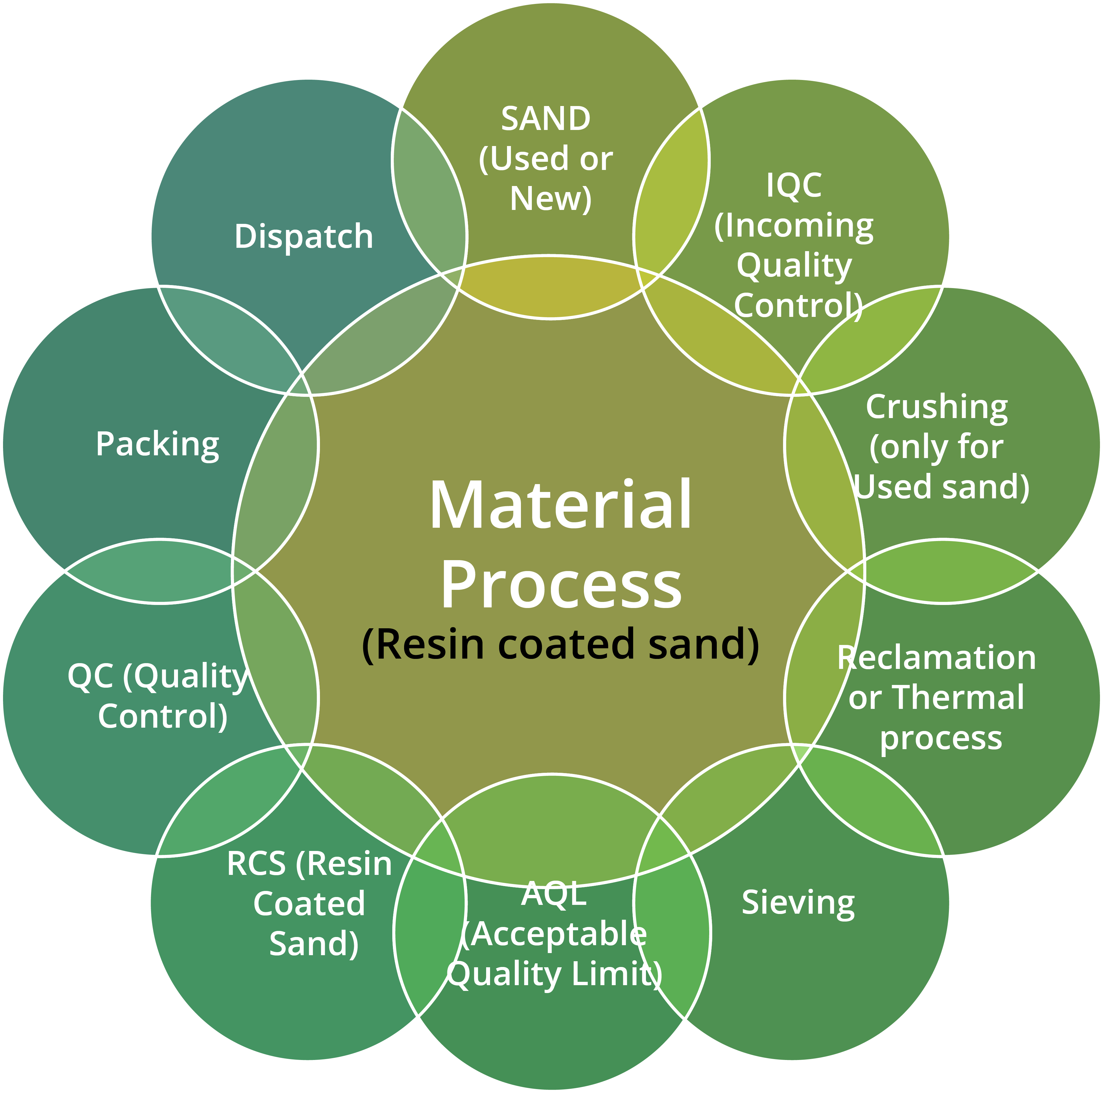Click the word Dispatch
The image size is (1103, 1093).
pyautogui.click(x=303, y=237)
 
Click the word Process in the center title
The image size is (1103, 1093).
pyautogui.click(x=561, y=584)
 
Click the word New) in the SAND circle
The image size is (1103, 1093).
pyautogui.click(x=550, y=199)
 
